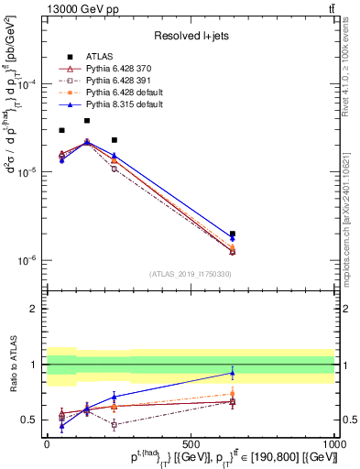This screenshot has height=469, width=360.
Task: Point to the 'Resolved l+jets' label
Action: click(x=191, y=36)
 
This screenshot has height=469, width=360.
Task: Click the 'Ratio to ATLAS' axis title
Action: click(x=12, y=366)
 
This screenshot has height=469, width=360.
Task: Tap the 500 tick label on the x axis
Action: click(x=191, y=443)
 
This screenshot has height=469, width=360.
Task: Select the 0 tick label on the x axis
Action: click(x=47, y=443)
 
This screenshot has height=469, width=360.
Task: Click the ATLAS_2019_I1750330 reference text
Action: click(x=191, y=274)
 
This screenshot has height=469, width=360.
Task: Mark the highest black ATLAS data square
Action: click(x=87, y=121)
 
